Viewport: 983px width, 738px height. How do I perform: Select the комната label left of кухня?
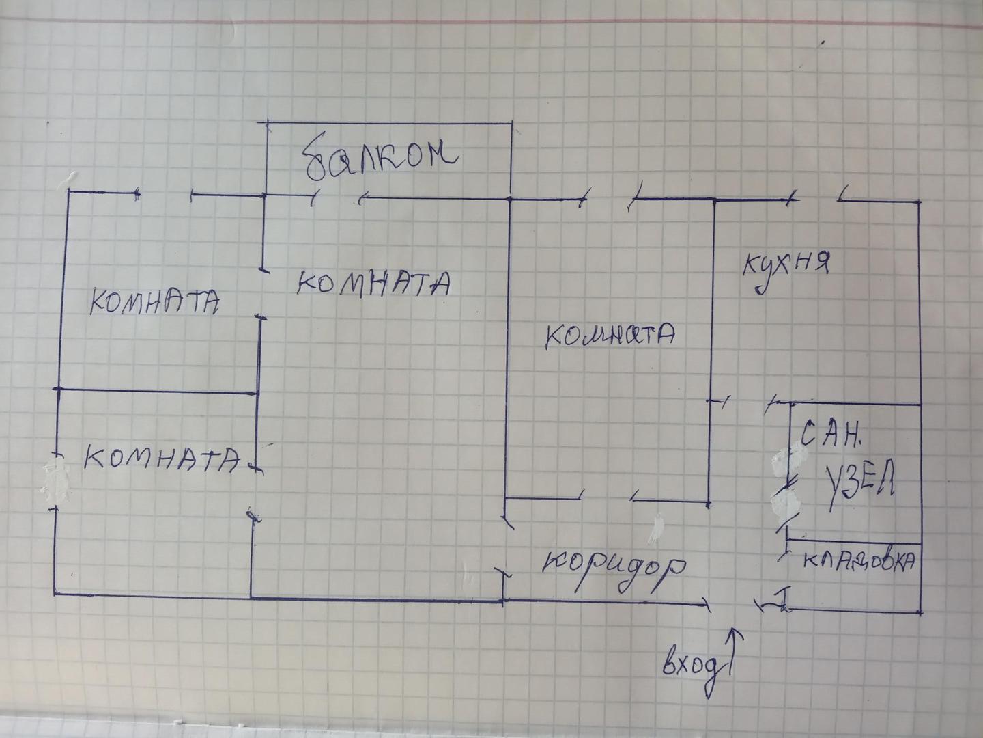[611, 335]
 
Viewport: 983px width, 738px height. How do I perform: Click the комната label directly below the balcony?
[374, 282]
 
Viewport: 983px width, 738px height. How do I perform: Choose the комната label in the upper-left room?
[154, 301]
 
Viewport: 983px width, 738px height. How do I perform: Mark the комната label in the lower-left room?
[162, 458]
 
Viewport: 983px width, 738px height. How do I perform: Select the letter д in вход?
[711, 673]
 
